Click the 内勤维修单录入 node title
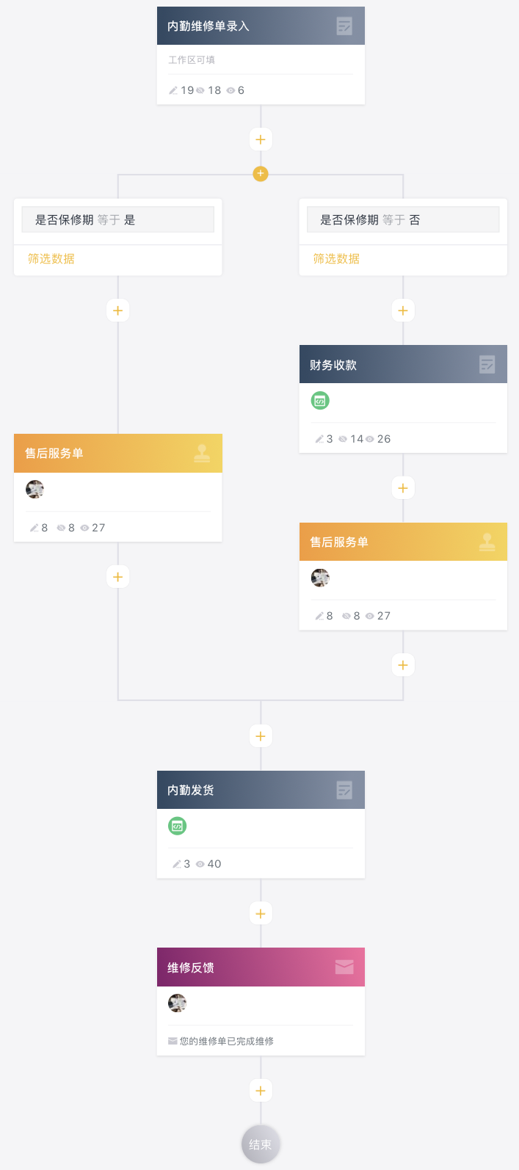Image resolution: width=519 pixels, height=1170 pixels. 208,26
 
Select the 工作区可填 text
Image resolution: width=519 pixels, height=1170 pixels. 192,60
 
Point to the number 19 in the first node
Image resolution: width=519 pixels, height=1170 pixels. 187,90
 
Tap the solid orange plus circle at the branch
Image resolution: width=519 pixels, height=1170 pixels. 261,174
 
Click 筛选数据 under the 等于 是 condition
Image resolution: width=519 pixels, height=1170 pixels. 51,259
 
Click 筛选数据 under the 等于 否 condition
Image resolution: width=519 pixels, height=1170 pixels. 336,259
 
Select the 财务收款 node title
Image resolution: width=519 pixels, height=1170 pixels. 333,365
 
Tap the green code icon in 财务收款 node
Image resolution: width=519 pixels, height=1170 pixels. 320,401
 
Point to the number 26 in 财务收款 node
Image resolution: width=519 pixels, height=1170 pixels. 384,439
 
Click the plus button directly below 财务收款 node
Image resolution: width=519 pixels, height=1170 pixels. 403,488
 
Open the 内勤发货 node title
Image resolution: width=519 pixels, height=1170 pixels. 191,790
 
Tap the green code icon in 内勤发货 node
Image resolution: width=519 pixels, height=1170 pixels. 177,826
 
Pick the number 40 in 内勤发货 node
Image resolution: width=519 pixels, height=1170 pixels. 214,864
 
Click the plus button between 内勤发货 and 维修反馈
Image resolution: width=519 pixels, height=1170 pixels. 261,914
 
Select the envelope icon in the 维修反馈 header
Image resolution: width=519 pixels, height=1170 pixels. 344,967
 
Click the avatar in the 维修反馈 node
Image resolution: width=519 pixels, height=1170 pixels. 177,1003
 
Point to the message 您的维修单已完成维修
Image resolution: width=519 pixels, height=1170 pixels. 226,1041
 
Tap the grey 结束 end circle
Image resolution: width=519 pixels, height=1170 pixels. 261,1144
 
